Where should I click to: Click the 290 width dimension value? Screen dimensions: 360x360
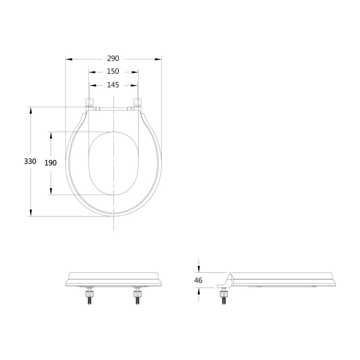point(113,59)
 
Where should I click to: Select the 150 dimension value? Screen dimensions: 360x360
point(113,71)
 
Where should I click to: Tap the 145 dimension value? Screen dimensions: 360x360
point(113,85)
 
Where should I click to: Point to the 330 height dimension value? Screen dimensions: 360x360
point(30,161)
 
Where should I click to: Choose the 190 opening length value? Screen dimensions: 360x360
point(51,163)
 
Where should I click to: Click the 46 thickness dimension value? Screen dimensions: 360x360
point(198,280)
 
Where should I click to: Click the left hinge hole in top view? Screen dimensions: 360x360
point(90,105)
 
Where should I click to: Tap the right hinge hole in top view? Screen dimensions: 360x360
point(137,105)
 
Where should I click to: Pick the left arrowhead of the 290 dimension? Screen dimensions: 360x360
point(69,59)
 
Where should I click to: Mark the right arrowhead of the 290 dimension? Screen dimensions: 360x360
point(158,59)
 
